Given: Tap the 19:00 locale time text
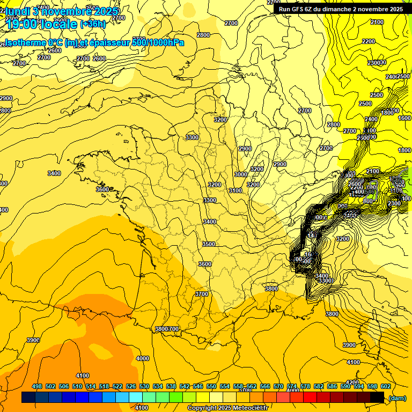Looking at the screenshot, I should (x=43, y=24).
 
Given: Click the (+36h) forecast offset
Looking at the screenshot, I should (x=93, y=24).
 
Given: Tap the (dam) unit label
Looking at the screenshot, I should (x=396, y=398).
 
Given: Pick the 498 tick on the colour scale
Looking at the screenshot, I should (x=37, y=386).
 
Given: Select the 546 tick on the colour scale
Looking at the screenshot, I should (x=198, y=386).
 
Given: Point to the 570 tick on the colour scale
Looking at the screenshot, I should (x=278, y=386).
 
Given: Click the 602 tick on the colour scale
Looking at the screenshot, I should (x=385, y=386).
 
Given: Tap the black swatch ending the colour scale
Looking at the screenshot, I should (x=377, y=398).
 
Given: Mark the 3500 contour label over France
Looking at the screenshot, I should (x=209, y=244).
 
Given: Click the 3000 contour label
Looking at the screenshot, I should (x=241, y=174).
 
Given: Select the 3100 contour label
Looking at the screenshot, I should (x=235, y=190).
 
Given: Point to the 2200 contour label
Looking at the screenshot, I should (x=369, y=41).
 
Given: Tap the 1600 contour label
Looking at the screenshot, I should (x=404, y=118).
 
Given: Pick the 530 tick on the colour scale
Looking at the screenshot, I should (x=144, y=386).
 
